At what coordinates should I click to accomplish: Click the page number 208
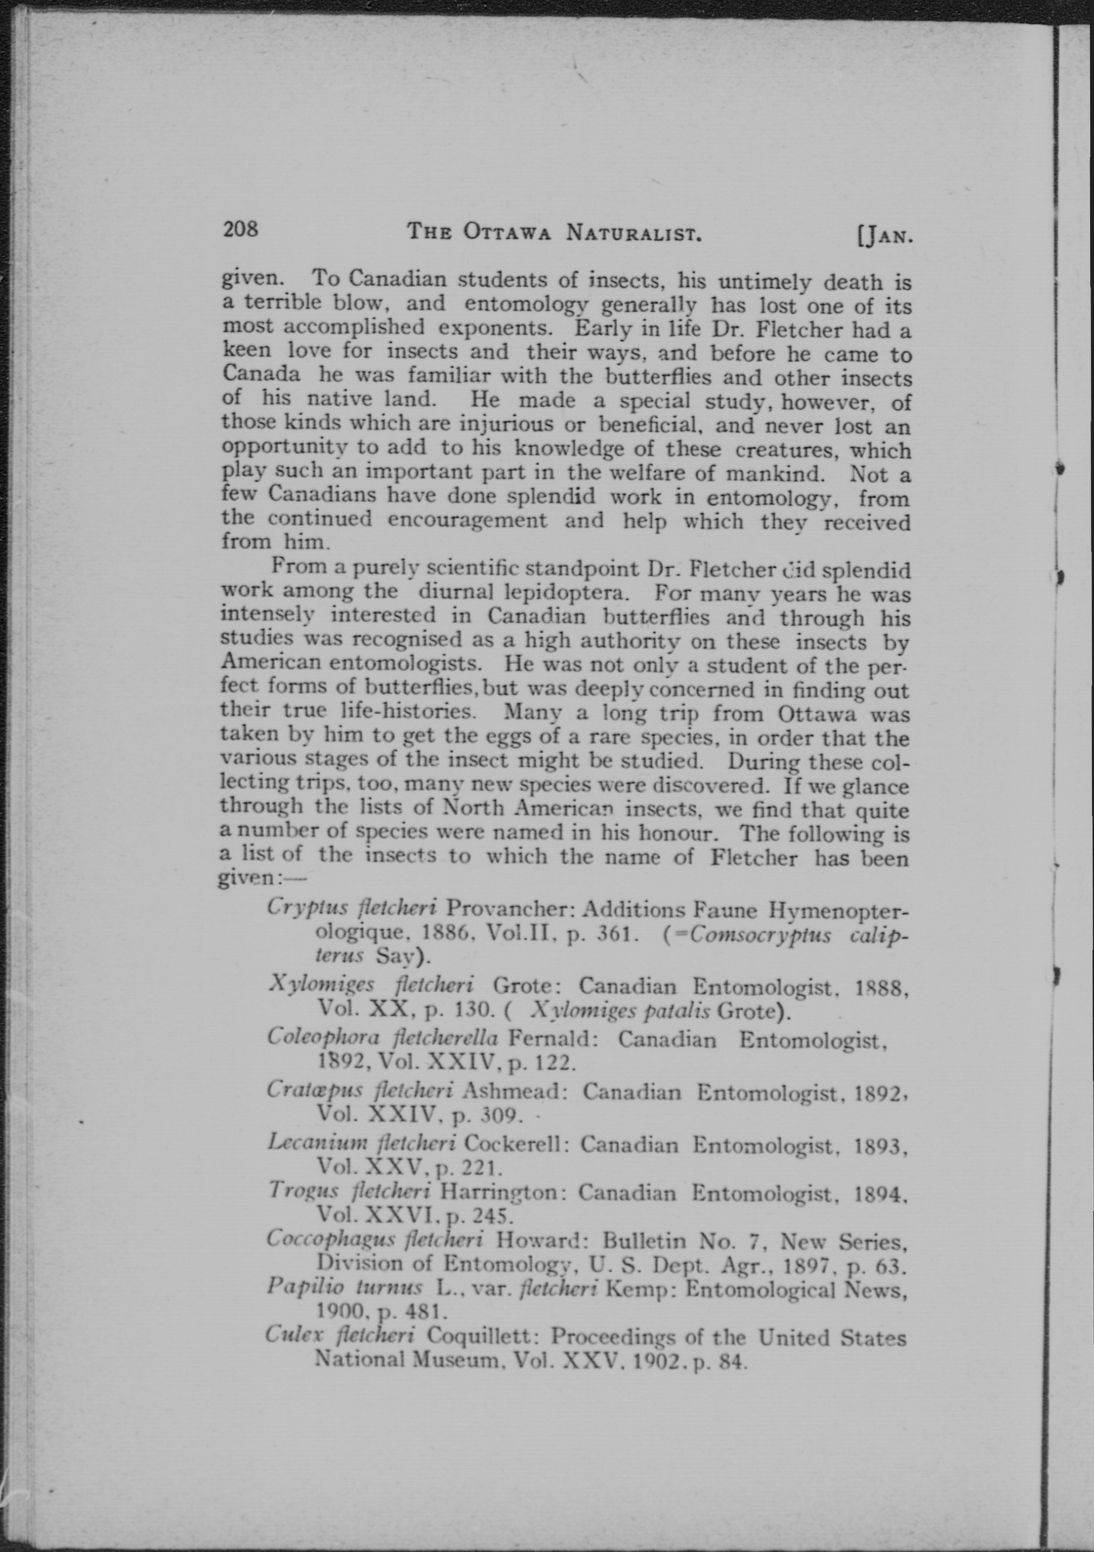240,230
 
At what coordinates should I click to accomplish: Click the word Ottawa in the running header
507,233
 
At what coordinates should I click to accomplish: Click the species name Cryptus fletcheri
352,907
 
